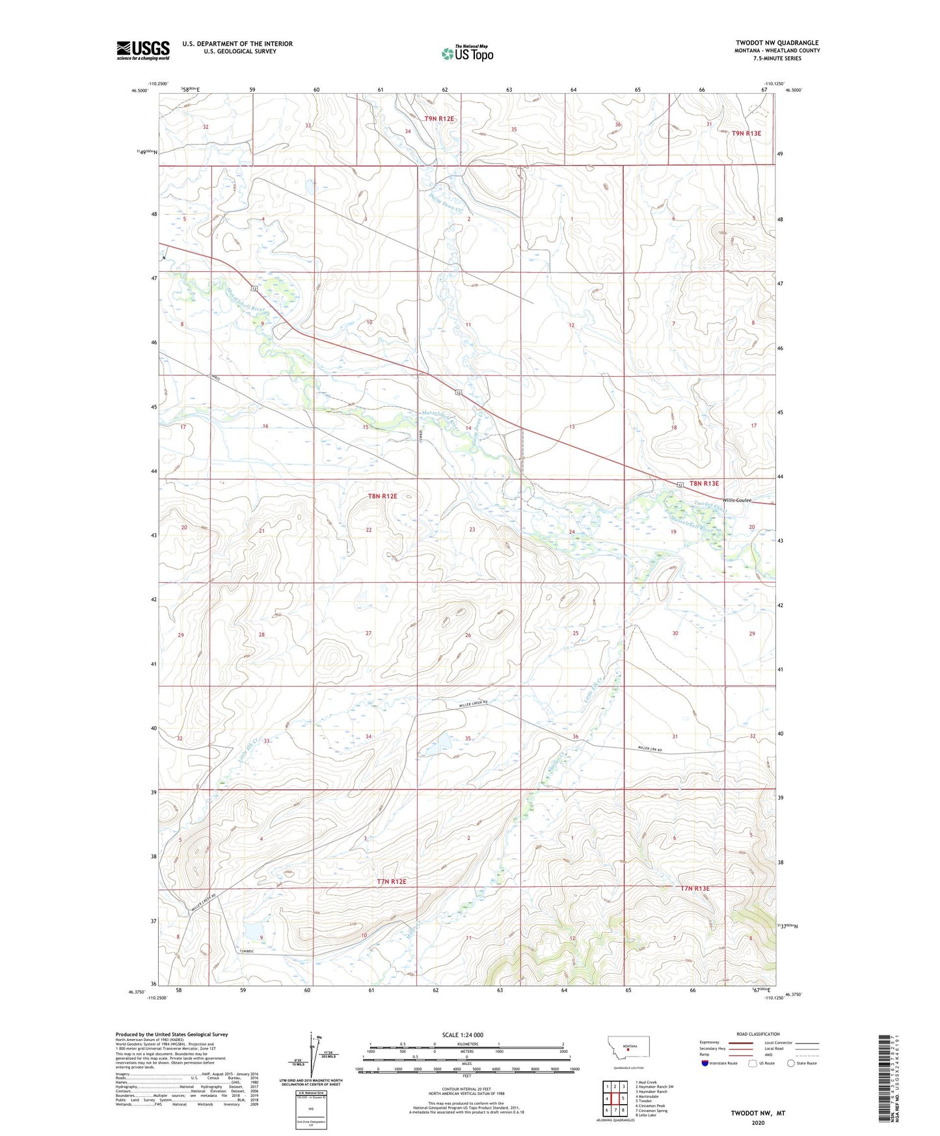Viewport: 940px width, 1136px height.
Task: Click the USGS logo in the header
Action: pos(143,49)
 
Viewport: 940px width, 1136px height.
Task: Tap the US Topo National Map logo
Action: pos(467,53)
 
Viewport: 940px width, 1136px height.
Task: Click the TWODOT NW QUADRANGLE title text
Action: pos(777,43)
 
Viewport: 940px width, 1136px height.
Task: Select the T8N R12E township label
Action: pos(383,496)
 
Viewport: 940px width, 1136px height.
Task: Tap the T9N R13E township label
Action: pos(746,133)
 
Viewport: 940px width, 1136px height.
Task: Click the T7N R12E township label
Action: pos(392,882)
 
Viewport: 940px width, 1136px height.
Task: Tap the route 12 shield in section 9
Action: pos(252,288)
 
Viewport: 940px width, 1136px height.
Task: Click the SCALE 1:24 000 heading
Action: pos(463,1035)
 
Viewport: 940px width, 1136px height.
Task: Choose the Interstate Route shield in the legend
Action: pos(706,1063)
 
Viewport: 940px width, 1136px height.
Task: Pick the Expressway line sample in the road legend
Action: pos(740,1042)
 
